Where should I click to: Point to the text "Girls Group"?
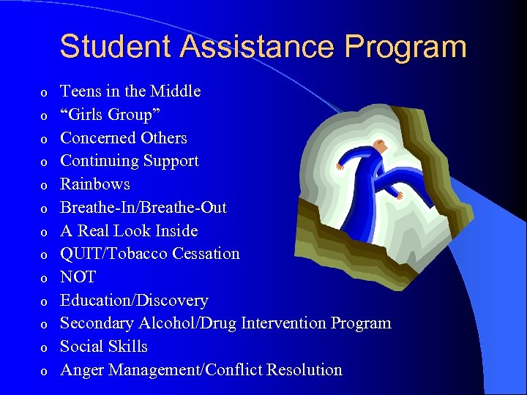[x=111, y=115]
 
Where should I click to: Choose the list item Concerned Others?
[x=123, y=138]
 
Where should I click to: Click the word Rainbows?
[x=94, y=184]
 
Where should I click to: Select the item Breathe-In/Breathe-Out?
[x=143, y=207]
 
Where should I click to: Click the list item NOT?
[x=78, y=277]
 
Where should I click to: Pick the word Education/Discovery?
[x=134, y=301]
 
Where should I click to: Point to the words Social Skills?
[x=103, y=347]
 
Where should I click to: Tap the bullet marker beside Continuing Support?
[x=44, y=162]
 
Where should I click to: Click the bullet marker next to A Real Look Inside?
[x=44, y=233]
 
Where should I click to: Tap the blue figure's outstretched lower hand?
[x=400, y=196]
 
